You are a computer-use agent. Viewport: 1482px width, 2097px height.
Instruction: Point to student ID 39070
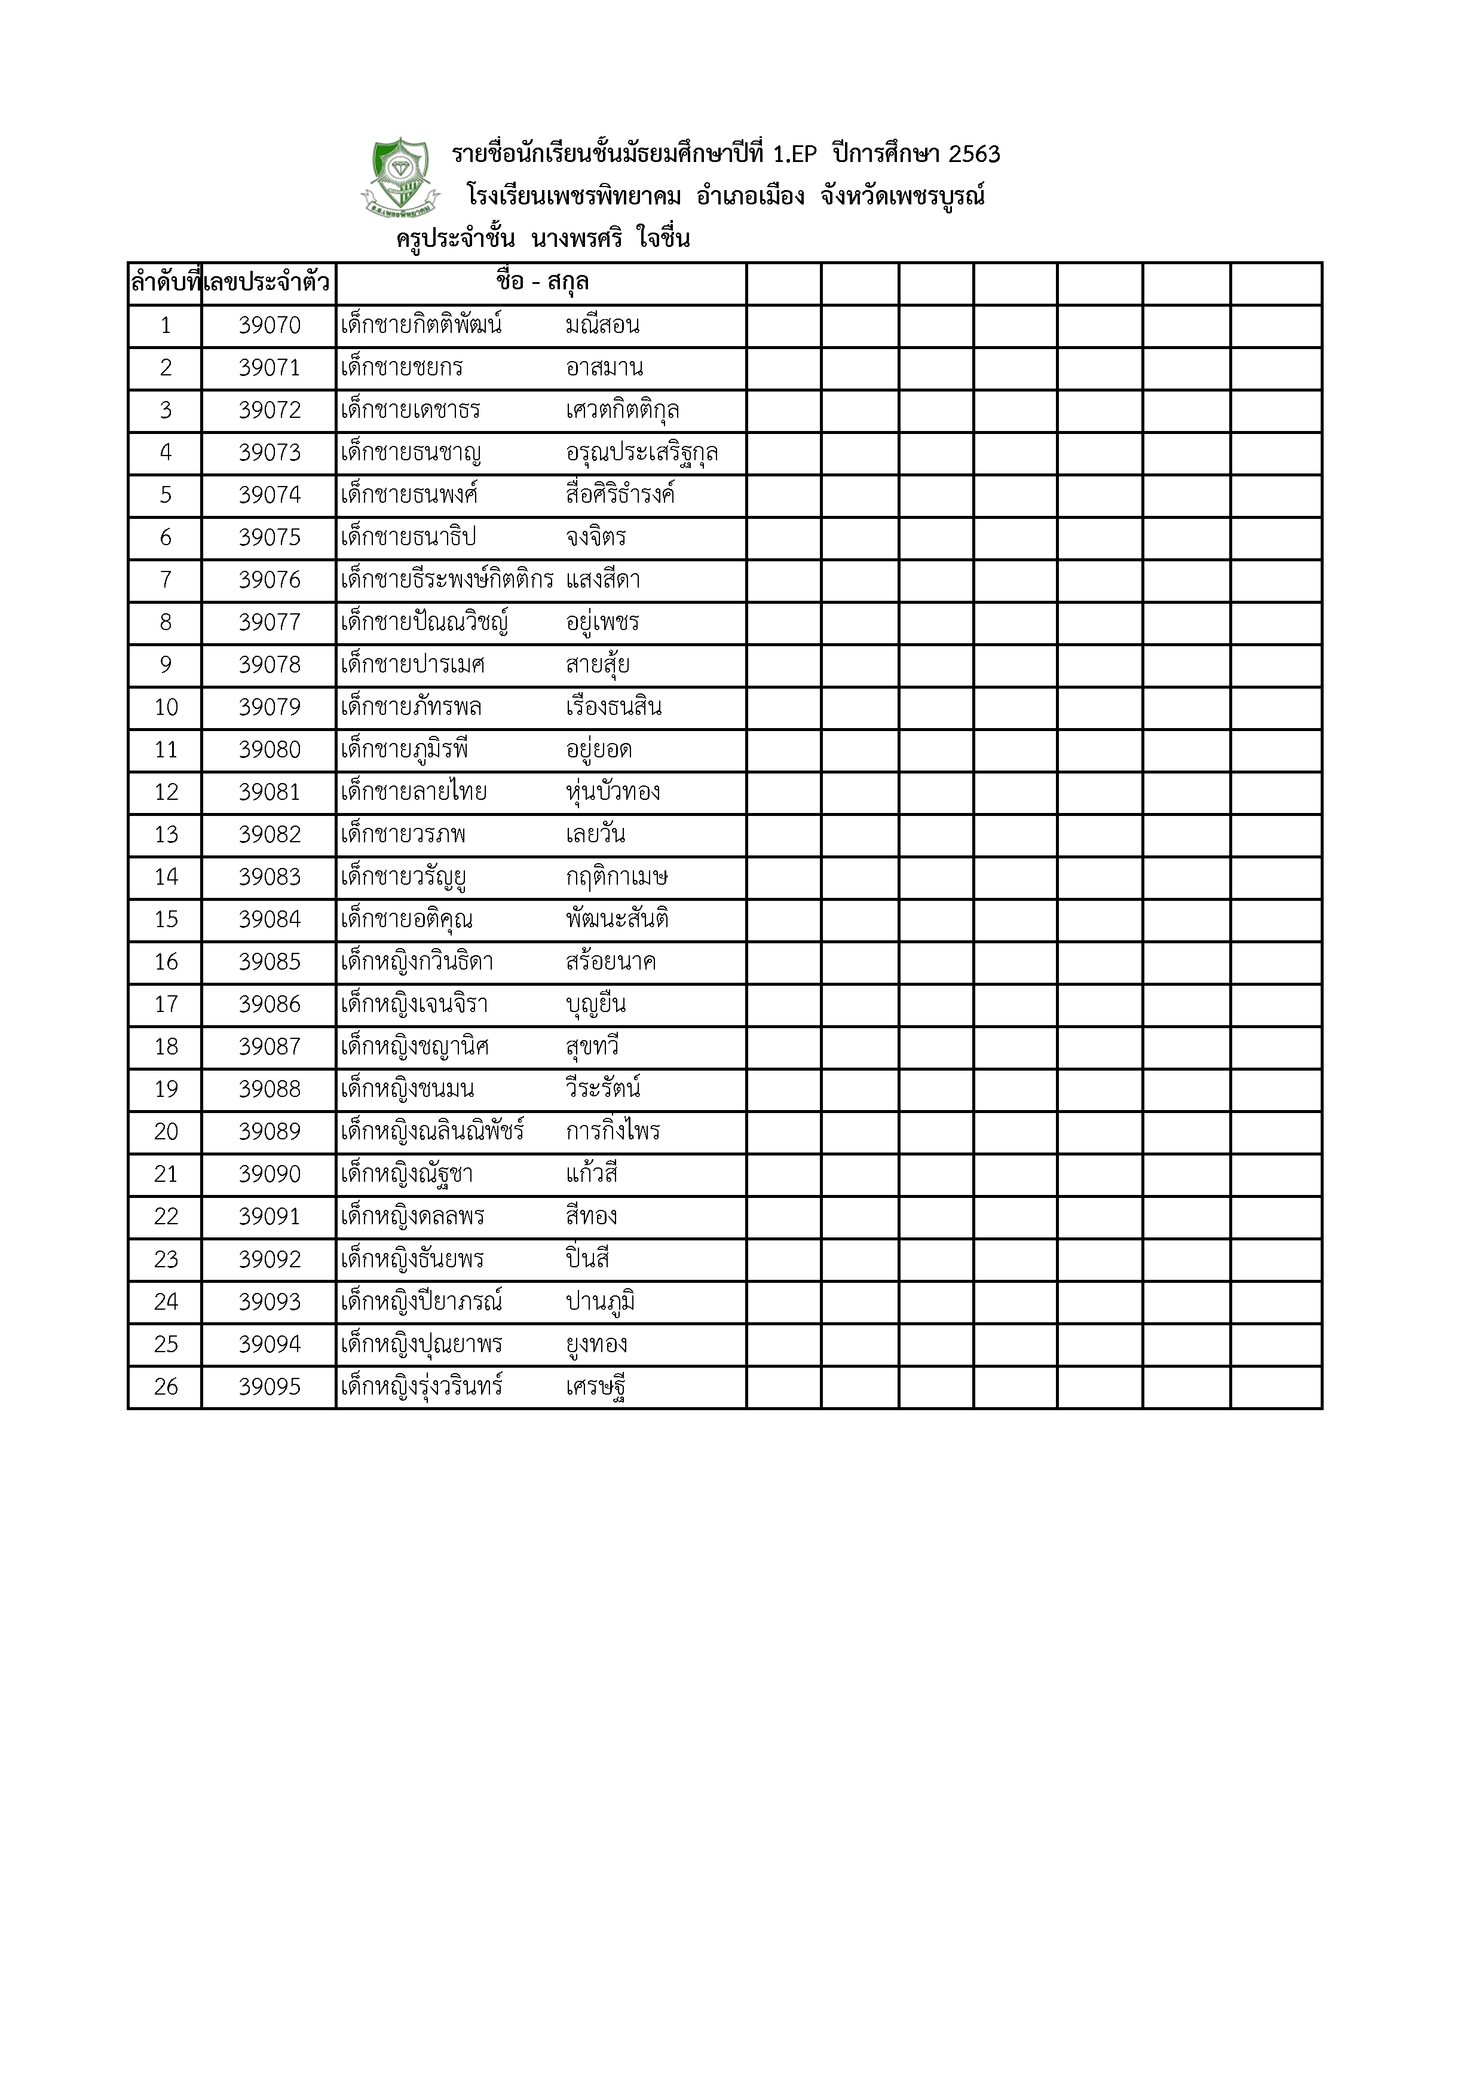[270, 326]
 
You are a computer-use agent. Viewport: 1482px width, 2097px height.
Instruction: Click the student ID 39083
[270, 878]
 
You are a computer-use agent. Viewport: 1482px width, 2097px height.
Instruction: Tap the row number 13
[166, 834]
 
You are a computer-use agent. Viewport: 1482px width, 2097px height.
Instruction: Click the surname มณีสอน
[603, 326]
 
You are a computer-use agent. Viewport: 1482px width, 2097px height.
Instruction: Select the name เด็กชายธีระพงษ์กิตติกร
[446, 580]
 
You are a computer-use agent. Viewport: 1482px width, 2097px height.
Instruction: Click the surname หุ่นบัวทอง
[613, 792]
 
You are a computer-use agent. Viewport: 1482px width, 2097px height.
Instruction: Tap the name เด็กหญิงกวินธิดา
[417, 962]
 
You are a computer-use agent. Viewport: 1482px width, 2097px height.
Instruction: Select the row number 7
[166, 580]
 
